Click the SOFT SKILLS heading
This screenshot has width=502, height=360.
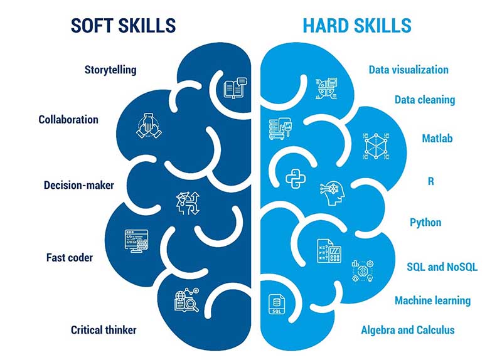(x=123, y=26)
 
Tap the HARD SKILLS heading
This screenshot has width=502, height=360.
(x=357, y=26)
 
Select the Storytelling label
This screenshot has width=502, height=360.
(x=110, y=69)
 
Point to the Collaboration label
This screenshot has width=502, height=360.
(x=68, y=119)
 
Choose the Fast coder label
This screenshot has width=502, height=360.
(x=70, y=257)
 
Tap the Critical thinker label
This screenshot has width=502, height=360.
(x=104, y=329)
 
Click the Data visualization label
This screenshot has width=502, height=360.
(x=409, y=70)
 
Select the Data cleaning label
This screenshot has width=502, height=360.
(x=425, y=100)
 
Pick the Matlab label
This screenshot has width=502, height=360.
(x=437, y=138)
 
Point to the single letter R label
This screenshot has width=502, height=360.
(x=431, y=181)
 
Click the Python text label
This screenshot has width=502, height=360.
(x=425, y=222)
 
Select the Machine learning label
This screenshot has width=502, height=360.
(x=432, y=300)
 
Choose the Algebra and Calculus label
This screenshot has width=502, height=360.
(x=408, y=329)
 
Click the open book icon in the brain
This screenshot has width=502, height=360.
(x=235, y=88)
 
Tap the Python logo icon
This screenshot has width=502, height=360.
(x=295, y=179)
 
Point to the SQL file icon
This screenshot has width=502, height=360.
(x=275, y=304)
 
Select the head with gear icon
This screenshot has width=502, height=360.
(x=331, y=193)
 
